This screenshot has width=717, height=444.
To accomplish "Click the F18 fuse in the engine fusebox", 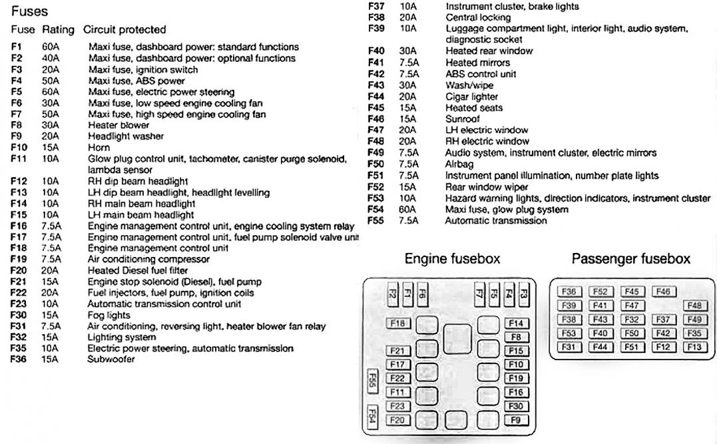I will [398, 324].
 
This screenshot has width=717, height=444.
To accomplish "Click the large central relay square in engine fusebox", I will [457, 336].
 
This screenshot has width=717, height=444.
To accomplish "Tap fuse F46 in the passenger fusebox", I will [663, 292].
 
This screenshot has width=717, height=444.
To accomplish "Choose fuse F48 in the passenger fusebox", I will [694, 306].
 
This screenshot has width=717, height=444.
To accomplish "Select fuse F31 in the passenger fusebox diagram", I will [568, 347].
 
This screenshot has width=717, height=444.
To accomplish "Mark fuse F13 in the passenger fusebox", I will [694, 347].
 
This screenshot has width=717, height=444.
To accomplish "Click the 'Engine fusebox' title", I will [452, 258].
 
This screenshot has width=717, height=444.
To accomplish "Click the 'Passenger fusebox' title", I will [630, 258].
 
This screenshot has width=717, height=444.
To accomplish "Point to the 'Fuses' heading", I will [29, 11].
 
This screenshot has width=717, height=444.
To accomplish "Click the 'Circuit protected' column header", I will [124, 30].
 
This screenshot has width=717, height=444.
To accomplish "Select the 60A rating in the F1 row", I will [51, 47].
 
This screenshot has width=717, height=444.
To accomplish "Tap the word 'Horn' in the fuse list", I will [99, 148].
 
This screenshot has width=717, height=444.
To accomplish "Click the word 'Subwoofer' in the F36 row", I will [111, 359].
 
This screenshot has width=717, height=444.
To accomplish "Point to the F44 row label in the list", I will [376, 97].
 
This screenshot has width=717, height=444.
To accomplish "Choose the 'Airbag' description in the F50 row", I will [459, 164].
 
